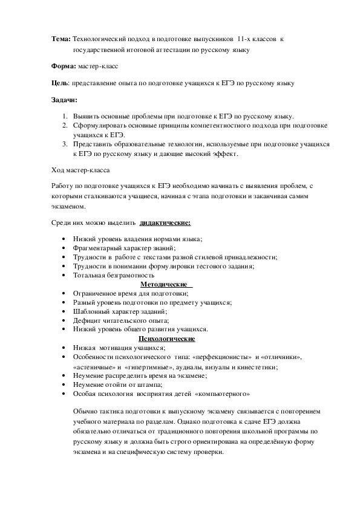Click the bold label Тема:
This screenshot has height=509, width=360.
(61, 39)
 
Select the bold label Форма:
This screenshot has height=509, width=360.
(62, 65)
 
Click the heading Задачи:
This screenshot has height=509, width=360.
(64, 99)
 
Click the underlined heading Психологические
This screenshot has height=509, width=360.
(166, 339)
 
